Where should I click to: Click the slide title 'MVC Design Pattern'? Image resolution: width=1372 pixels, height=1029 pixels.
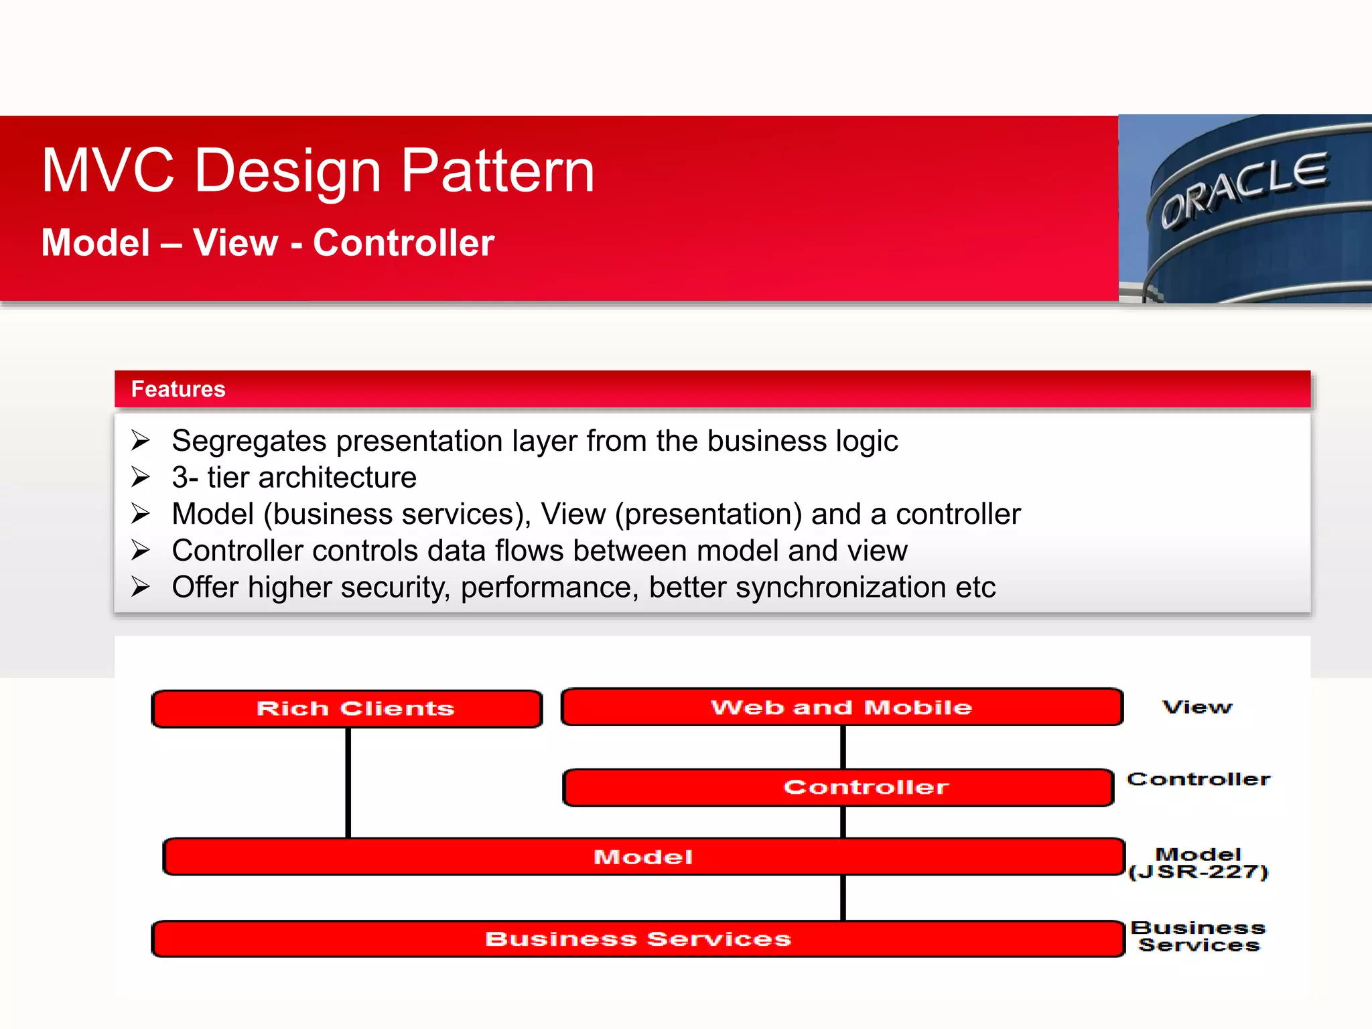click(318, 171)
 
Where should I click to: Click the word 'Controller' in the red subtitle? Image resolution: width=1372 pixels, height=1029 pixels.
click(403, 243)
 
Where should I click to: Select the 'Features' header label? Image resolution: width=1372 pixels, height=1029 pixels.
click(178, 389)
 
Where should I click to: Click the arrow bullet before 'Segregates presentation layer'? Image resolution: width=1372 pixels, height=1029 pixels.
click(141, 441)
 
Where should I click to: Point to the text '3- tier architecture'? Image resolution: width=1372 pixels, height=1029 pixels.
click(294, 478)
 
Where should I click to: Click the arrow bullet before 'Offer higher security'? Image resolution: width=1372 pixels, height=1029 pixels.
click(141, 588)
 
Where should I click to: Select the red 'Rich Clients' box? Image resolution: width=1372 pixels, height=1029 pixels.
click(347, 709)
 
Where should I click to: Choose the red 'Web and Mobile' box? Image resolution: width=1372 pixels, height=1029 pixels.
click(841, 707)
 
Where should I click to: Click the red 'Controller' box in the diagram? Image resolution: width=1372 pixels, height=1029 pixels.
click(838, 787)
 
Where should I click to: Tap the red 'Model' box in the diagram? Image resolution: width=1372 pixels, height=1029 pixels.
click(643, 857)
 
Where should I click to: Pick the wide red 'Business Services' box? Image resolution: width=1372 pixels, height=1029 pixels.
click(638, 939)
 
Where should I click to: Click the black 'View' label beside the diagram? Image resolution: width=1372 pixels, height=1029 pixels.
click(1197, 707)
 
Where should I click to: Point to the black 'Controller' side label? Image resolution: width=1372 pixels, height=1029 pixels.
click(1198, 779)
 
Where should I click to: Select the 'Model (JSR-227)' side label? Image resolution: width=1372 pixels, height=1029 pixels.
click(1198, 863)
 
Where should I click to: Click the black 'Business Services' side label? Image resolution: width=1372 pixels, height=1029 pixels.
click(1198, 937)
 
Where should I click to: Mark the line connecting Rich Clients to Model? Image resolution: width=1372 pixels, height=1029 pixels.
click(348, 782)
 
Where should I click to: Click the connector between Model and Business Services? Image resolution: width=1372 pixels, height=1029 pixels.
click(843, 898)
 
